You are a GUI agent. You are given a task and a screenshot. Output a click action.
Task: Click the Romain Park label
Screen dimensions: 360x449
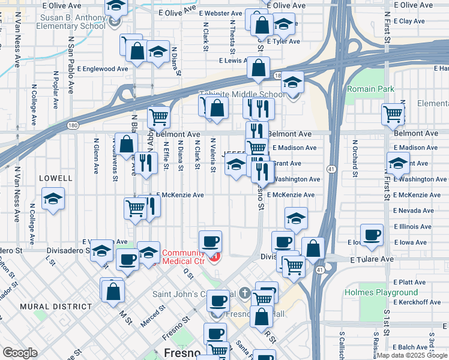point(370,89)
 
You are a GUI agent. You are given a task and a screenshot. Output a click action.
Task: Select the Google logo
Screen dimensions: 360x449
point(20,353)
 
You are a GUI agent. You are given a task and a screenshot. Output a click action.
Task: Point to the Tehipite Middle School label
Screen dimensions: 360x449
point(242,95)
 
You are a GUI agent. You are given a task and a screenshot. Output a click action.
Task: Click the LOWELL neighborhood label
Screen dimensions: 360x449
point(56,178)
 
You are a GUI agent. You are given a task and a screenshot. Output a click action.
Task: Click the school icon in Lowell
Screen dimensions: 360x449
point(53,200)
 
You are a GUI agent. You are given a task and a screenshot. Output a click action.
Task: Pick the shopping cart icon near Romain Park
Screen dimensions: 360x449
point(393,113)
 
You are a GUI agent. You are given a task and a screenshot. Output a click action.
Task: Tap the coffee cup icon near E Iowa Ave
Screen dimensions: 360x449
point(372,235)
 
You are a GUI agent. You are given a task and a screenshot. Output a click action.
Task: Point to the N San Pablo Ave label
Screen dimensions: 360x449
point(71,64)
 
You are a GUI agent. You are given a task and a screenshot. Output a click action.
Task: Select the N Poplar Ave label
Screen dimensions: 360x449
point(55,82)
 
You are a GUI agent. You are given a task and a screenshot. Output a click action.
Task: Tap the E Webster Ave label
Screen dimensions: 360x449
point(220,13)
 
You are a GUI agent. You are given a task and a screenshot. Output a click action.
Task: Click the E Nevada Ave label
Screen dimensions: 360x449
point(413,211)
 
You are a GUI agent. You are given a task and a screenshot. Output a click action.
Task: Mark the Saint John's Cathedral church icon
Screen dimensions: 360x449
point(244,294)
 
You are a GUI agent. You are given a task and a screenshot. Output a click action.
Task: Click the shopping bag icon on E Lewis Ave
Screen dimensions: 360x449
point(259,69)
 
